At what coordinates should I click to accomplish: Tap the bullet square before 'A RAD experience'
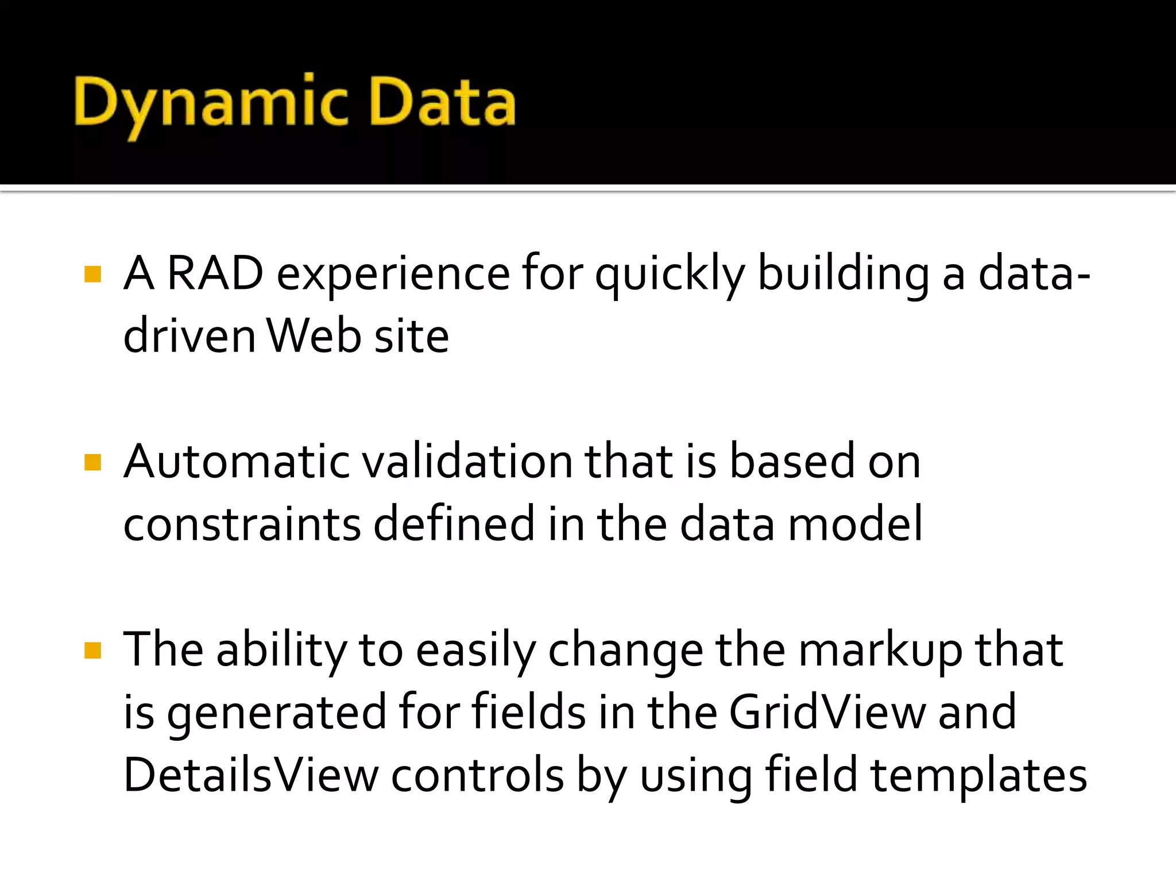point(92,274)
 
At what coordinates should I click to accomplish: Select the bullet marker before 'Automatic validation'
point(92,462)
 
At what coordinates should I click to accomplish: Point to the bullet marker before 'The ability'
point(92,651)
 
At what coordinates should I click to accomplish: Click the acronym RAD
point(215,273)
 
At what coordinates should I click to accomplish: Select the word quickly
point(670,274)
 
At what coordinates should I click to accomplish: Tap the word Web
point(314,336)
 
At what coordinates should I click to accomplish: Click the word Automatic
point(236,462)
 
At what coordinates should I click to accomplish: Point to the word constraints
point(242,524)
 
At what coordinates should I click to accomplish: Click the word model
point(855,524)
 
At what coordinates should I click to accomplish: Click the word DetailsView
point(251,775)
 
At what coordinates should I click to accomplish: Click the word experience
point(393,274)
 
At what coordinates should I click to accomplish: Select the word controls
point(477,775)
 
